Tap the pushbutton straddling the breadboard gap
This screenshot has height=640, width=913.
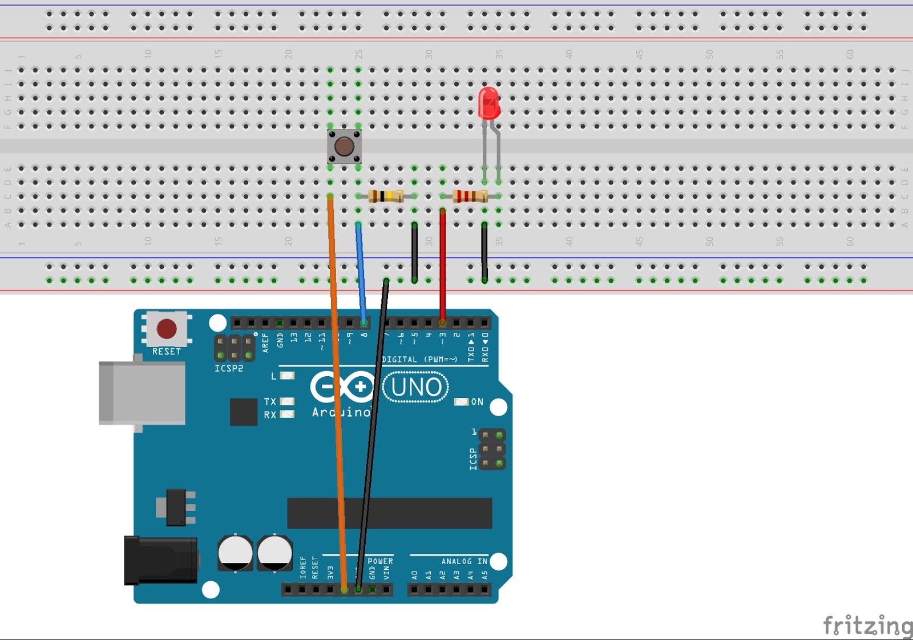click(x=344, y=146)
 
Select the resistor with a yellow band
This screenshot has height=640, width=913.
click(x=386, y=196)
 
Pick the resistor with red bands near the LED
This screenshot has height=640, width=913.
click(x=470, y=196)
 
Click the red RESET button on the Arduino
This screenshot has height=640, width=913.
click(x=167, y=329)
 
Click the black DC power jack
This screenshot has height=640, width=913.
click(x=160, y=561)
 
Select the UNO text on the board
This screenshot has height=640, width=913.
click(x=416, y=387)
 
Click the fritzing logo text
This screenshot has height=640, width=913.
click(x=867, y=626)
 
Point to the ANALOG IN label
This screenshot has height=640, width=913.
click(x=464, y=561)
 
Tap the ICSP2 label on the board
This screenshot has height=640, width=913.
click(x=229, y=369)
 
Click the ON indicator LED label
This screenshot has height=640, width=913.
click(x=477, y=402)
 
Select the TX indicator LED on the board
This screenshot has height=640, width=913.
click(x=287, y=401)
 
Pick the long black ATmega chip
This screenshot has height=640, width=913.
click(x=390, y=513)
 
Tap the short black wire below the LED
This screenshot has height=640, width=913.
click(x=484, y=251)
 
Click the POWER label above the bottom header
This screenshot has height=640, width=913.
click(x=380, y=561)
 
